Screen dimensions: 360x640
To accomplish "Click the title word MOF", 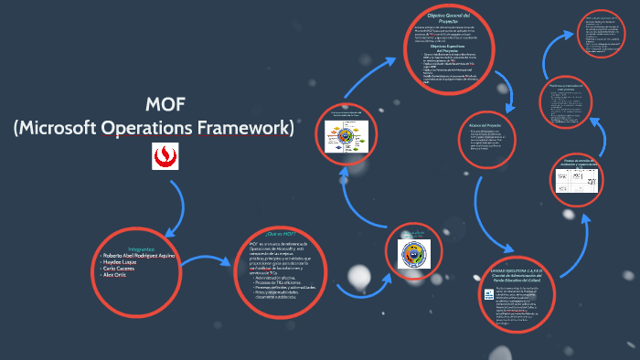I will coord(153,103).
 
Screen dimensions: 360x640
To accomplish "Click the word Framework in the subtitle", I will coord(244,127).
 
